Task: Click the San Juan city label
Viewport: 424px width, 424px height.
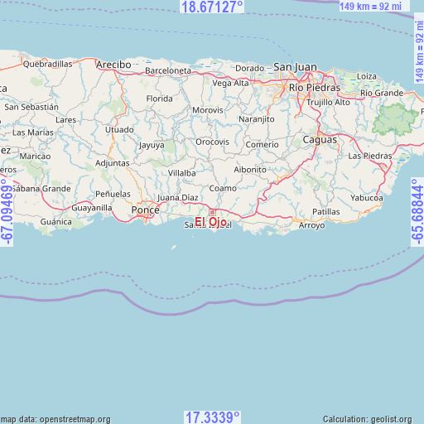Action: (x=295, y=67)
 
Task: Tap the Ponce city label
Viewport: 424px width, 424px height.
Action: (x=145, y=210)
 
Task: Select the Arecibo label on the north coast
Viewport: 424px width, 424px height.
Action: (x=113, y=64)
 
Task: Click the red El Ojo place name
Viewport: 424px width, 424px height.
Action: (x=211, y=221)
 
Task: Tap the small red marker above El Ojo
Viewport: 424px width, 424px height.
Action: (x=212, y=212)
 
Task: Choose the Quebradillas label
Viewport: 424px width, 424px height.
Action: (x=48, y=63)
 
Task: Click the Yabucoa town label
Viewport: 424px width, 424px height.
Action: (x=367, y=198)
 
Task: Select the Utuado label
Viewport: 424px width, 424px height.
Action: (x=119, y=130)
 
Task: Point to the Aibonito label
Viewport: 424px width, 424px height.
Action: (x=250, y=169)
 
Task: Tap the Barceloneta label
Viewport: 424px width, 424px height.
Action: (x=167, y=71)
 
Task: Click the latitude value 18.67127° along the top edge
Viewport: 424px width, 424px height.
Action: (x=212, y=7)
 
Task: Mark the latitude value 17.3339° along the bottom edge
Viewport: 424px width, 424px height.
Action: (x=212, y=417)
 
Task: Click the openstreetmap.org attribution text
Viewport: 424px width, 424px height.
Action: (x=56, y=419)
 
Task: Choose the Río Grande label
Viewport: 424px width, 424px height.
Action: (x=382, y=93)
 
